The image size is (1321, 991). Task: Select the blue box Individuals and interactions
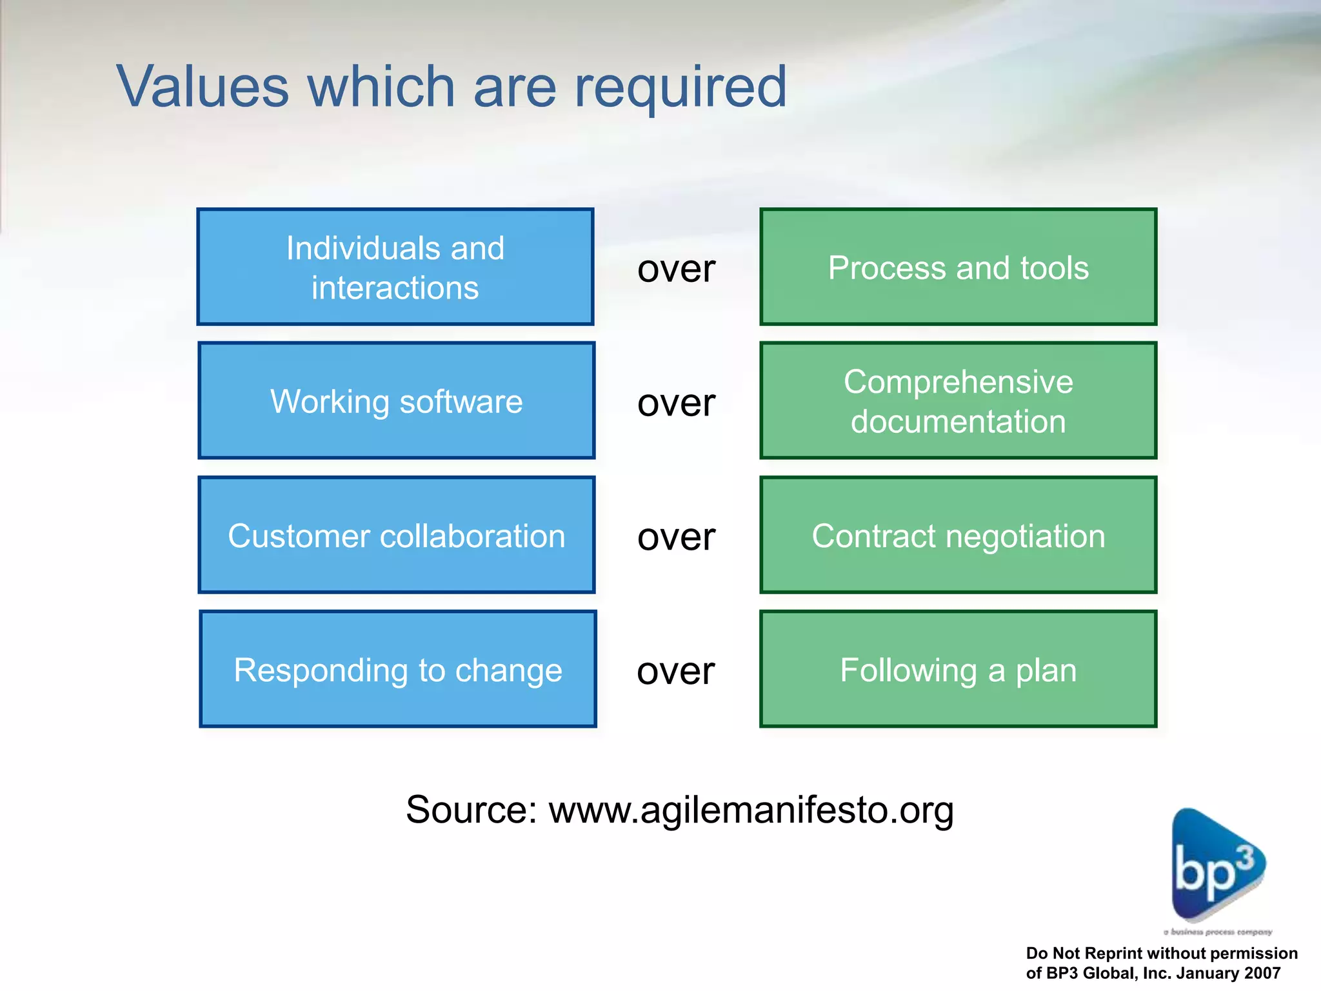[x=395, y=266]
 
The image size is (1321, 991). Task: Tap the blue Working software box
[x=396, y=401]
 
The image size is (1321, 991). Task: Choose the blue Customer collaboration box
[x=396, y=535]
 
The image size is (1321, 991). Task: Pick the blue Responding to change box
[x=397, y=669]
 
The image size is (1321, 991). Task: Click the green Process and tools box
[x=958, y=266]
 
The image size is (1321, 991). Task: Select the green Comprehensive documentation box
[x=958, y=401]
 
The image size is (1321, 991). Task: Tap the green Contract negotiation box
[x=958, y=535]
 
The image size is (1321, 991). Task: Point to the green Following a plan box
[x=958, y=669]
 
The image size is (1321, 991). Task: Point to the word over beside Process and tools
[x=676, y=269]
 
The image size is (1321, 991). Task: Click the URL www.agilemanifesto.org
[x=751, y=810]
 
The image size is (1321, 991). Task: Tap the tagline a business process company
[x=1218, y=932]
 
